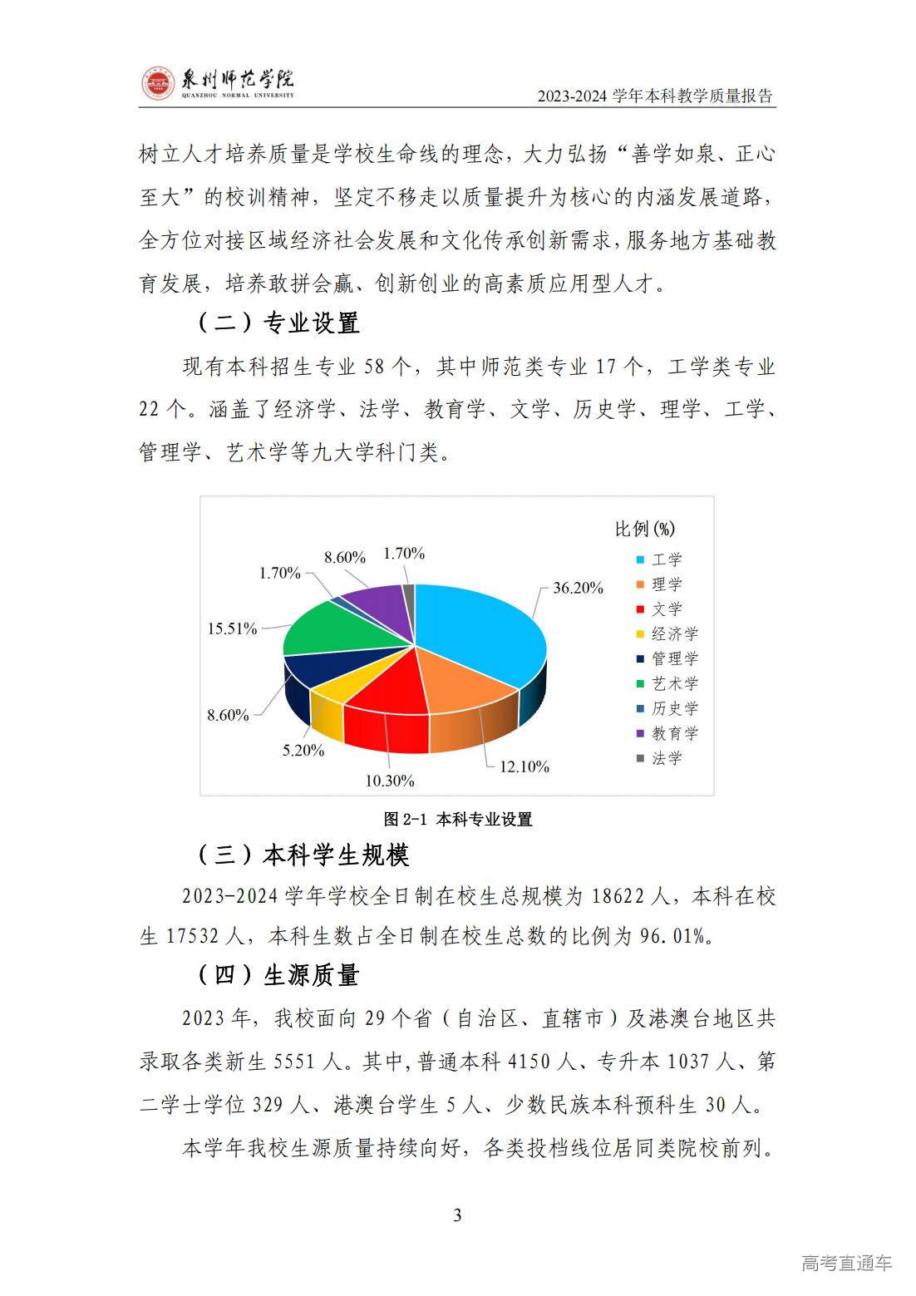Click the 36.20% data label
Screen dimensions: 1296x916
click(578, 588)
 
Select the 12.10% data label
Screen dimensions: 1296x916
click(524, 766)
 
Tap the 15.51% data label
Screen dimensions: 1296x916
click(232, 628)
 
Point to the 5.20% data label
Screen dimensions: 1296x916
click(303, 750)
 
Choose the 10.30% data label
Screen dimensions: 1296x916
click(389, 781)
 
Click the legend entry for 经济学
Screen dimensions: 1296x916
click(674, 634)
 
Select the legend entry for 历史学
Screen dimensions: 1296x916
click(674, 708)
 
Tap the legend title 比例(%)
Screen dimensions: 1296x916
click(645, 529)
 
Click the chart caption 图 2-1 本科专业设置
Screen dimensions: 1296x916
click(457, 819)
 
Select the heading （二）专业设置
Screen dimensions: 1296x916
click(278, 323)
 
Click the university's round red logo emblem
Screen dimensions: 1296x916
click(158, 83)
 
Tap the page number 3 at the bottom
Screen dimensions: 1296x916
click(457, 1215)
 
